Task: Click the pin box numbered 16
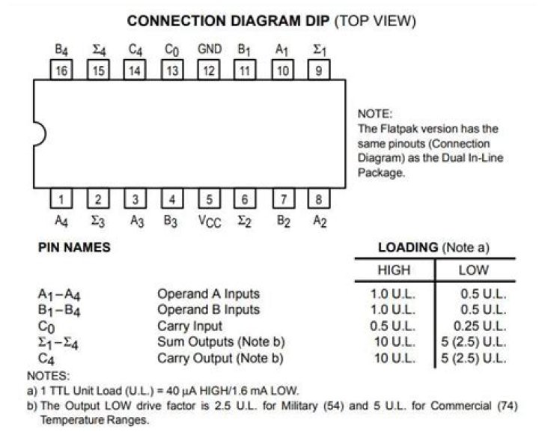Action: (61, 70)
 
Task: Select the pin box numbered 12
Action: (208, 70)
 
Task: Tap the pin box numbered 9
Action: (319, 70)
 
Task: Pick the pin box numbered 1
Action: (61, 198)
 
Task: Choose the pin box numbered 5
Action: (209, 198)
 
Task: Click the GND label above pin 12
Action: (210, 49)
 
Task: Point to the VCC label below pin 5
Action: (210, 222)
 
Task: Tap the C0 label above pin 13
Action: (172, 50)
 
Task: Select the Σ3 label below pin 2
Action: (98, 221)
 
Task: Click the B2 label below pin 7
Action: (284, 221)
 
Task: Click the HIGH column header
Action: (394, 270)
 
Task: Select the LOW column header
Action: (473, 270)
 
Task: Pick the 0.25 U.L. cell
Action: (480, 326)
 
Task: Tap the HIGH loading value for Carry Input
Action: (392, 326)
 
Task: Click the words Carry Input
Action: (189, 326)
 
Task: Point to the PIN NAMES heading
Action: (74, 248)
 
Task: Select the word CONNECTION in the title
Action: (177, 21)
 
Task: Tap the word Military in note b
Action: (299, 406)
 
